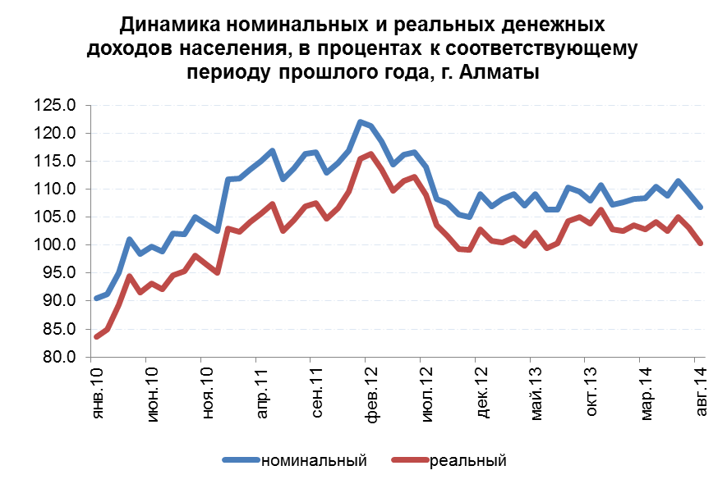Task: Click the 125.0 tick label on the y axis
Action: point(55,106)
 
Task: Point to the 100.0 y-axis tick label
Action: point(55,245)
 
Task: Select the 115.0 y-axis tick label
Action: point(55,162)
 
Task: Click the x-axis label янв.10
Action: point(98,395)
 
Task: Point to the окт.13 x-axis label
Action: point(591,395)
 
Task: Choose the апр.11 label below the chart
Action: point(262,395)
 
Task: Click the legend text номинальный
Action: point(313,460)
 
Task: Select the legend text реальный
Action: point(467,460)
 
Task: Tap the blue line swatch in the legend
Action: point(240,460)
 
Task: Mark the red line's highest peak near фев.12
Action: point(371,153)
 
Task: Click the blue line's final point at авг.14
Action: point(700,207)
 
